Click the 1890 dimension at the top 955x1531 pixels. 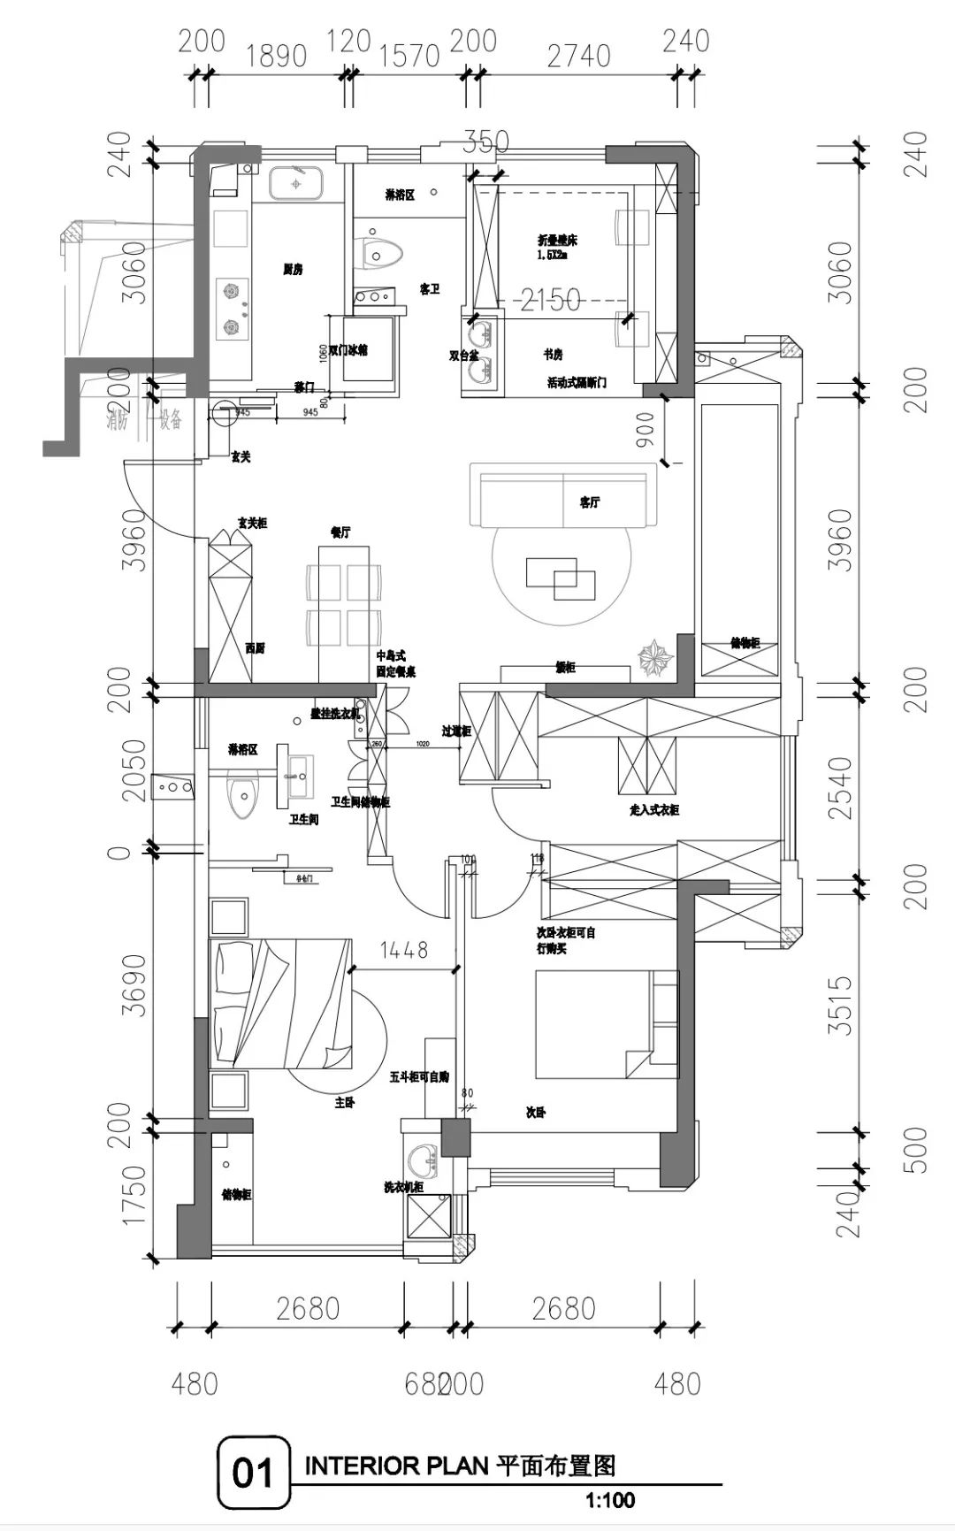click(x=276, y=55)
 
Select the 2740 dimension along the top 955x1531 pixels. click(x=578, y=55)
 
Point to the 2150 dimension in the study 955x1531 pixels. click(x=550, y=300)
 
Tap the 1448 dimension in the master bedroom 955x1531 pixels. click(x=404, y=950)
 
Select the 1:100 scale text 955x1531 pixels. click(x=610, y=1500)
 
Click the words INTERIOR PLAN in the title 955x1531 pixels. click(x=396, y=1466)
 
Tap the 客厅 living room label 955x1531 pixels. click(x=591, y=502)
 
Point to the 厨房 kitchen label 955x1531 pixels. click(x=293, y=270)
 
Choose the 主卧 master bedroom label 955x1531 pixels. click(x=344, y=1103)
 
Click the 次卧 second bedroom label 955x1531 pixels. click(x=536, y=1113)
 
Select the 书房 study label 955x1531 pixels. click(x=554, y=355)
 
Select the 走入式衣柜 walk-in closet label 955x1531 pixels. click(x=653, y=809)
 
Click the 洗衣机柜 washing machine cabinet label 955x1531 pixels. click(x=404, y=1187)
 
